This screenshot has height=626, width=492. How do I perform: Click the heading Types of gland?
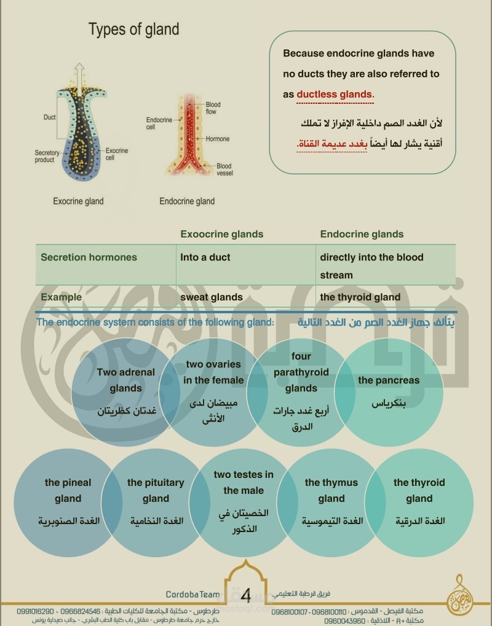click(x=133, y=29)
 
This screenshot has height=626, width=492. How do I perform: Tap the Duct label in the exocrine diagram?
click(x=50, y=117)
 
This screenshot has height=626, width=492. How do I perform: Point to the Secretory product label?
click(x=48, y=156)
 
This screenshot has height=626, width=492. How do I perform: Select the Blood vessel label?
click(x=224, y=170)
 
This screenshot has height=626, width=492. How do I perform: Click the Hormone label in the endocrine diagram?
click(x=218, y=139)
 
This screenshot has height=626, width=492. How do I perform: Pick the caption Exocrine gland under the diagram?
click(x=78, y=201)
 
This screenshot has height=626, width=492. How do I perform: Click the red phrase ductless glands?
click(x=335, y=94)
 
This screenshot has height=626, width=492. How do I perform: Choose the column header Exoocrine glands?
click(x=221, y=234)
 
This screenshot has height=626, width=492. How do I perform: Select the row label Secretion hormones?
click(x=89, y=257)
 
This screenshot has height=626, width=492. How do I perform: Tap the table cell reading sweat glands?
click(x=211, y=297)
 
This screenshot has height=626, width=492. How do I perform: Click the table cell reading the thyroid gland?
click(x=360, y=297)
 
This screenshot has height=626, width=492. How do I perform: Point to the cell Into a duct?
click(x=205, y=257)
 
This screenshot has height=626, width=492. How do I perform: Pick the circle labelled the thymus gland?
click(x=331, y=504)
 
